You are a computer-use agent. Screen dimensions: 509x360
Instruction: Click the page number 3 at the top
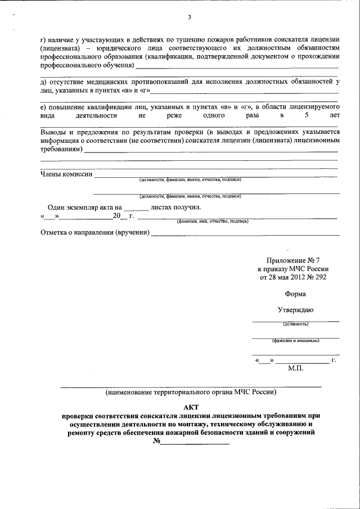[190, 17]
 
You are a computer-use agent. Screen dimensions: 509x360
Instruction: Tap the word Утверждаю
[296, 310]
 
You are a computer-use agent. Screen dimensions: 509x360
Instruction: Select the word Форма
[296, 294]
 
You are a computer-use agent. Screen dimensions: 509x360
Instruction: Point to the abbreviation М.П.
[295, 368]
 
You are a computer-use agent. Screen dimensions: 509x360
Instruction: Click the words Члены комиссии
[66, 174]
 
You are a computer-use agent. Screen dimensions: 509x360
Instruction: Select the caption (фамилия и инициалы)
[296, 340]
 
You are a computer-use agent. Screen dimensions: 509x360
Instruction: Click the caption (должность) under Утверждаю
[296, 323]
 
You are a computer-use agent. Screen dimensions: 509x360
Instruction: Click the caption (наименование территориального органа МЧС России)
[191, 391]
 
